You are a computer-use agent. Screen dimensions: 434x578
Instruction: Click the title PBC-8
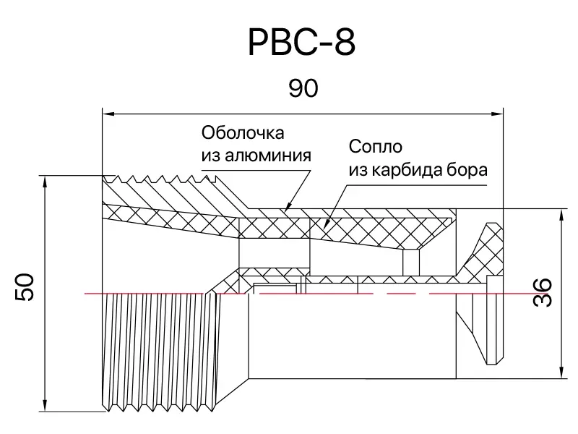coord(302,43)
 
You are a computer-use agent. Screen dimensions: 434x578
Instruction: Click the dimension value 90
coord(303,89)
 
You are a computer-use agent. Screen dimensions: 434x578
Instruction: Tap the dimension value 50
coord(26,287)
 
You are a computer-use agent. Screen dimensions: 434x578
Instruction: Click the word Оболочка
coord(243,133)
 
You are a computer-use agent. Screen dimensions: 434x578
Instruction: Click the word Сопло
coord(375,147)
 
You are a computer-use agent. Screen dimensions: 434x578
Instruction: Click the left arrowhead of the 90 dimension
coord(107,113)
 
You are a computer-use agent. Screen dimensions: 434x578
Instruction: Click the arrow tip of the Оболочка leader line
coord(286,210)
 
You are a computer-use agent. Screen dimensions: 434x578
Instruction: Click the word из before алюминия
coord(211,155)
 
